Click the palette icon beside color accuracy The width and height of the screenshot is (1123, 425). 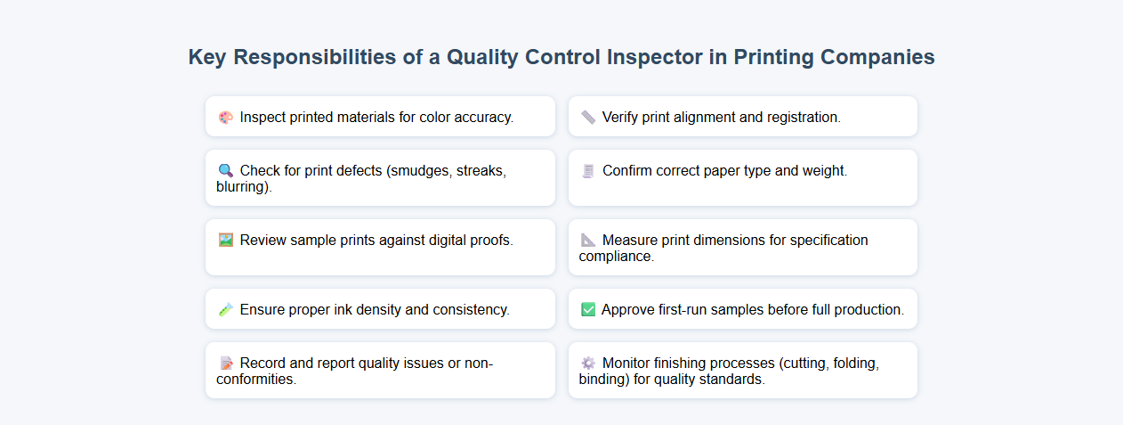pos(225,117)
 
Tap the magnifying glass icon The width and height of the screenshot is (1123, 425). pos(225,170)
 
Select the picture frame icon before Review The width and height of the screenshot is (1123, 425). pos(225,240)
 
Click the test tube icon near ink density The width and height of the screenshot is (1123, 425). pos(225,309)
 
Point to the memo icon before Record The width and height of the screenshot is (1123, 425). pos(225,363)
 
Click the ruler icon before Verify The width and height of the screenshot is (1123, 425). pos(588,117)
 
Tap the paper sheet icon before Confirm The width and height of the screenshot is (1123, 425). pos(588,170)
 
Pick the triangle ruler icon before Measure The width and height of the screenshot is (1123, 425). pos(588,240)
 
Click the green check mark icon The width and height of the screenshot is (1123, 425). pos(588,309)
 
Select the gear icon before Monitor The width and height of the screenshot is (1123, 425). pos(588,363)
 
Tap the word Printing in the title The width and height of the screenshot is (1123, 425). pos(774,57)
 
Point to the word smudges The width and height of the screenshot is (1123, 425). pos(420,170)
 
